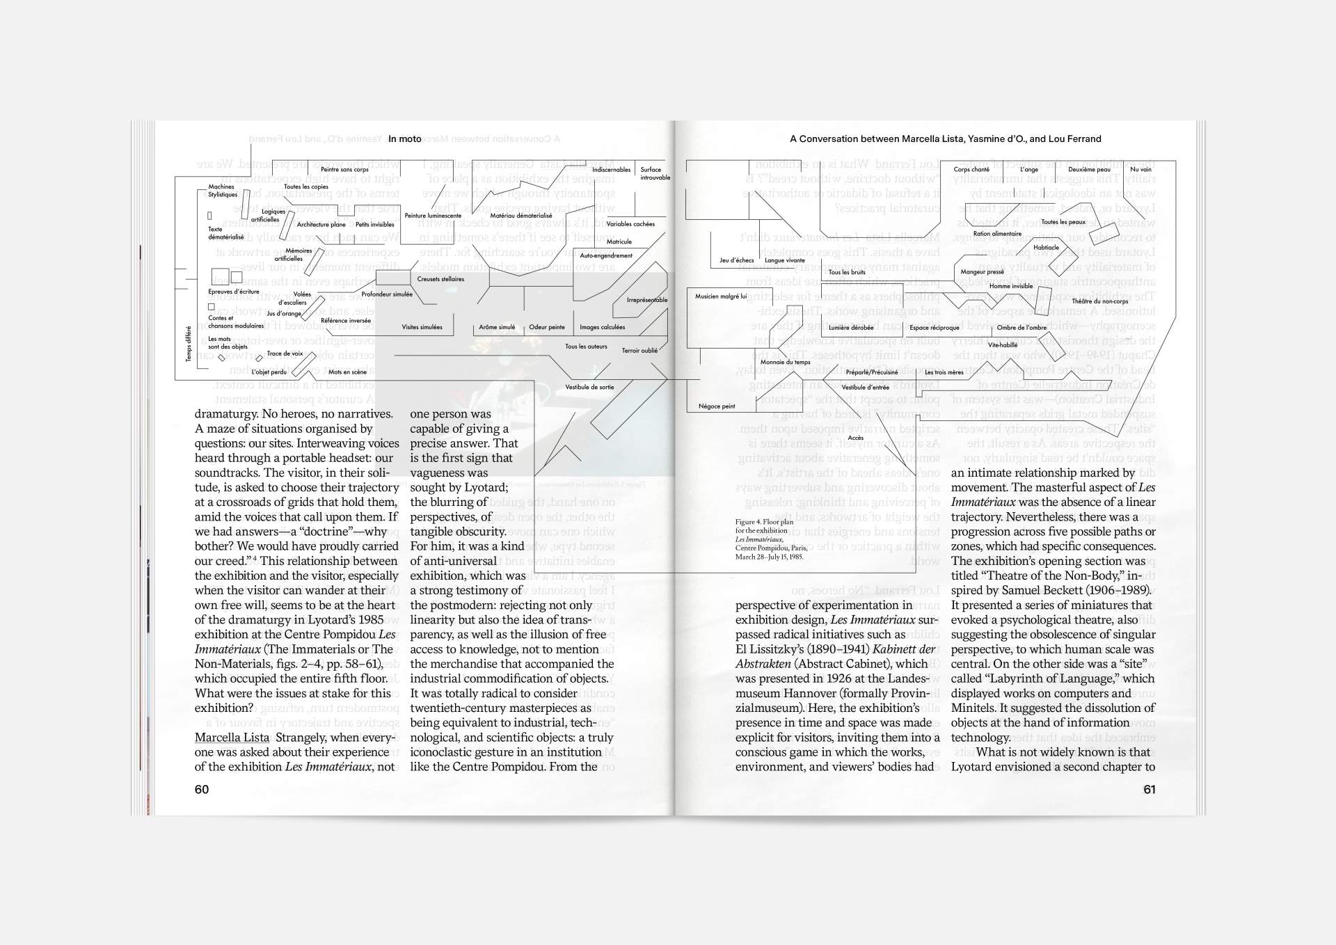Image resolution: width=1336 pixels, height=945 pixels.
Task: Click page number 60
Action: pos(202,789)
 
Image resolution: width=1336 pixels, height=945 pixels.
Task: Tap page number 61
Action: pos(1149,789)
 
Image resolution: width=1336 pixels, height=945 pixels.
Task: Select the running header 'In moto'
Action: pos(405,139)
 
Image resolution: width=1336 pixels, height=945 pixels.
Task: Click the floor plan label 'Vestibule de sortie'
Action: pos(589,387)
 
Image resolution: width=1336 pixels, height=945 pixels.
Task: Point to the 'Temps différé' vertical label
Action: pos(189,344)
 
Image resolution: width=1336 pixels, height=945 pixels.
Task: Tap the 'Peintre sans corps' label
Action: pos(344,170)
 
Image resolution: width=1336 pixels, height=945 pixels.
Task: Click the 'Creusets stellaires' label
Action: pos(440,279)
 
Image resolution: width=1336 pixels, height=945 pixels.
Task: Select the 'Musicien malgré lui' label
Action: pos(721,296)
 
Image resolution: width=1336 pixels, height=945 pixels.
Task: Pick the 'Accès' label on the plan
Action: pos(855,438)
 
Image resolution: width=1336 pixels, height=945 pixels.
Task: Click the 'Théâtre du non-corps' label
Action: pos(1099,301)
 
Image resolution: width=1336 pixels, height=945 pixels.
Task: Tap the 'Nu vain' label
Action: pos(1140,170)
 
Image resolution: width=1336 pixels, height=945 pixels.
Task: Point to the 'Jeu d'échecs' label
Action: pos(736,260)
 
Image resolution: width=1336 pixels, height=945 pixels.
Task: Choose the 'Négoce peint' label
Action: pos(717,406)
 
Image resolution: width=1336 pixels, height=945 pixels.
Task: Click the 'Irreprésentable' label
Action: pos(646,300)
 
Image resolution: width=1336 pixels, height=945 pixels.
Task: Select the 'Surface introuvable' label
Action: pos(655,173)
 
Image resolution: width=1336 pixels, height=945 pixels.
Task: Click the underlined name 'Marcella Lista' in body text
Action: pos(232,738)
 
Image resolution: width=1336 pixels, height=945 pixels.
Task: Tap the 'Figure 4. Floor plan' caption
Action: pos(764,521)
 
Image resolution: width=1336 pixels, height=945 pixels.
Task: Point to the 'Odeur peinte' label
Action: pos(547,327)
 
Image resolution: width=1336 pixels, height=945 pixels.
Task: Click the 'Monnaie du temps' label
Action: pos(785,362)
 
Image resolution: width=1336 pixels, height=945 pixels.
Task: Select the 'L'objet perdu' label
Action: pos(269,372)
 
